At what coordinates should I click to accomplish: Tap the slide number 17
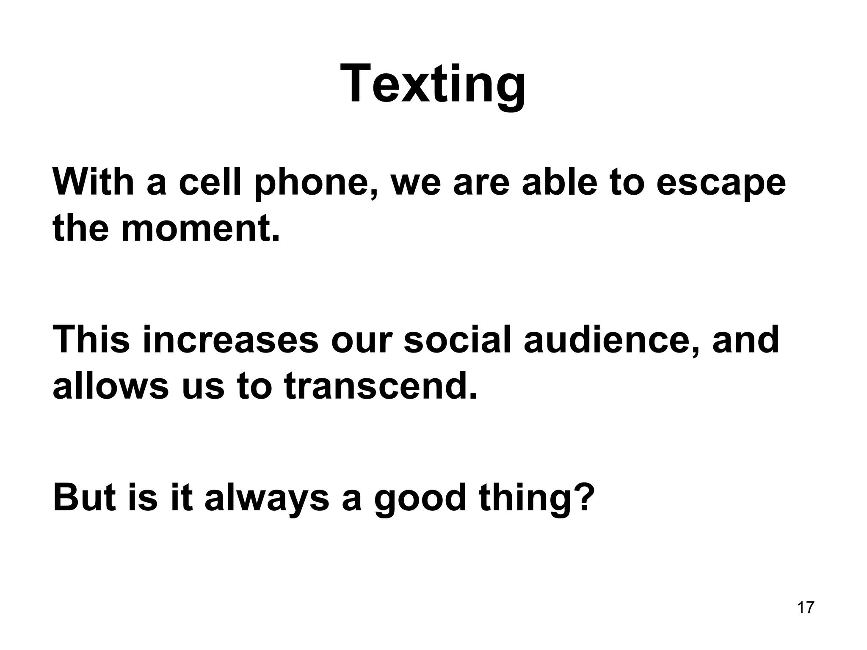(805, 607)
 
